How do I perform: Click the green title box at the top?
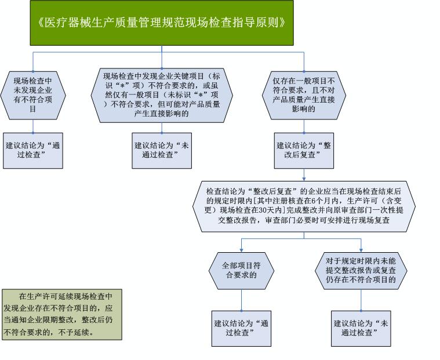pos(162,23)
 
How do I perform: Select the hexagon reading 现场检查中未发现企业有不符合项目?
pos(33,96)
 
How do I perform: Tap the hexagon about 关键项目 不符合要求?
pos(162,95)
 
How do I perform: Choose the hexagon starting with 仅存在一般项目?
pos(304,96)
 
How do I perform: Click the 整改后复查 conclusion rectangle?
pos(304,151)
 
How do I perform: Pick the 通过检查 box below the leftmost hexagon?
pos(33,151)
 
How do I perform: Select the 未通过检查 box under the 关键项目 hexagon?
pos(162,151)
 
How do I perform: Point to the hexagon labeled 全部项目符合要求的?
pos(241,271)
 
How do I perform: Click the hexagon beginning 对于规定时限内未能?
pos(361,271)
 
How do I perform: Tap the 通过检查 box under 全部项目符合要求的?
pos(241,329)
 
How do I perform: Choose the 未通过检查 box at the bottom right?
pos(361,329)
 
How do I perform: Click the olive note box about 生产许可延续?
pos(62,315)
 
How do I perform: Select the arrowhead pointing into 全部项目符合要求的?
pos(241,250)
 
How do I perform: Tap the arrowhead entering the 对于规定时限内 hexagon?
pos(361,250)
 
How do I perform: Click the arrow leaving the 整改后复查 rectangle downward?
pos(304,175)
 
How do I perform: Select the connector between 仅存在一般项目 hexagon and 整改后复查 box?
pos(304,126)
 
